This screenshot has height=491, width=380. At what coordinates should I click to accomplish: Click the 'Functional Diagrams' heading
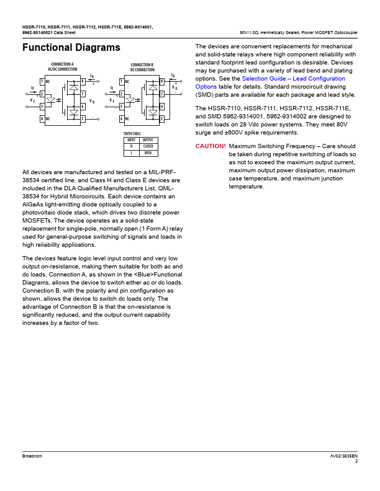[71, 48]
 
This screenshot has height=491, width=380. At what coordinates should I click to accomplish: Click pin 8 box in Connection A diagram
[83, 81]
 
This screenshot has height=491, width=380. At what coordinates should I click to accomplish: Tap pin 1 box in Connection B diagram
[122, 81]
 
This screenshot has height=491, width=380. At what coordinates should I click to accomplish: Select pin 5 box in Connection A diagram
[83, 118]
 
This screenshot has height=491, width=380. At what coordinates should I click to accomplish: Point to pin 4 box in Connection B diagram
[122, 118]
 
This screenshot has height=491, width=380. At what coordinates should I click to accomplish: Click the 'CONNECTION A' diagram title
[62, 64]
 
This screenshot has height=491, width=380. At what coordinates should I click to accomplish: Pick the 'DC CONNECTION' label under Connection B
[142, 70]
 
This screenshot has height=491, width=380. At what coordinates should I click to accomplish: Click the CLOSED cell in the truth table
[148, 146]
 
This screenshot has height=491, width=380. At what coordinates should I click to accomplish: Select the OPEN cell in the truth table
[148, 153]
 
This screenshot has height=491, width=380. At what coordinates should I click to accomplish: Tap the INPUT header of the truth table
[131, 140]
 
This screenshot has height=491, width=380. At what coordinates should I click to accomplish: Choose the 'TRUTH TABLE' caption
[132, 134]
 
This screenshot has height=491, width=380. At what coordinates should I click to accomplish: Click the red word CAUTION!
[210, 146]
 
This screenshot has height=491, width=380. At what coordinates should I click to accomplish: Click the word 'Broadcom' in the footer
[32, 456]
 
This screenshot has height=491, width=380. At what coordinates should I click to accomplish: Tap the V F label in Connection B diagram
[112, 100]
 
